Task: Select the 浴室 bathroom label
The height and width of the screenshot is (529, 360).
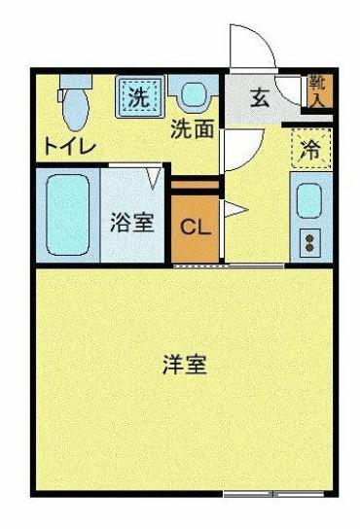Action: (131, 221)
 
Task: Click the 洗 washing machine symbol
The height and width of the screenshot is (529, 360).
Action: (139, 95)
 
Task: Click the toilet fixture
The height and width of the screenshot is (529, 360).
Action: (73, 103)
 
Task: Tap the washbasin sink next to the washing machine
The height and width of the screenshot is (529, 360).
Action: (193, 95)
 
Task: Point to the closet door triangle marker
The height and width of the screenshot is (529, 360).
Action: (234, 208)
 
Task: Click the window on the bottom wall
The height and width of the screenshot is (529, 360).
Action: (261, 494)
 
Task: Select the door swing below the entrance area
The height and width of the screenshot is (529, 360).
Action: (238, 151)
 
